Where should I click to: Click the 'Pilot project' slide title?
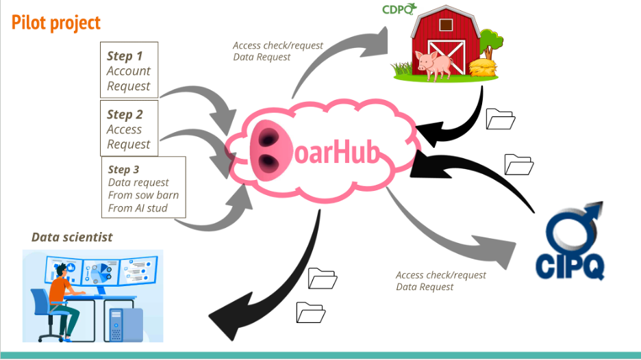(x=56, y=23)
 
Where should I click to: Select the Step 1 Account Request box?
(x=129, y=70)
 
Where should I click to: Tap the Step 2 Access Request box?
(x=129, y=129)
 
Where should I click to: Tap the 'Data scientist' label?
(x=72, y=237)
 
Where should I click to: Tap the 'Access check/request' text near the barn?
(x=277, y=46)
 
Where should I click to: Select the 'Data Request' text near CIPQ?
(x=425, y=287)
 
